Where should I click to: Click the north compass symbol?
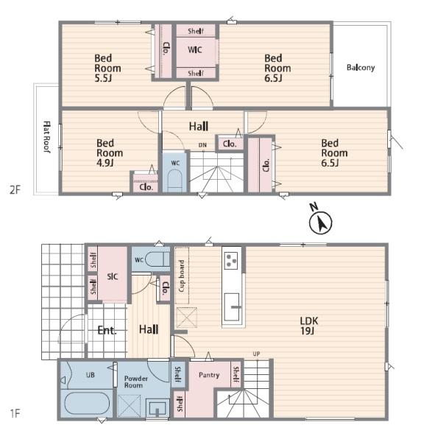[x=320, y=220]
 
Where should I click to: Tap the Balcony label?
[x=361, y=68]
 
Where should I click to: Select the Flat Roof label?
[x=47, y=137]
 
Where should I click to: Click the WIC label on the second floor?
[x=195, y=50]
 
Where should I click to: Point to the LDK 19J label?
[x=308, y=326]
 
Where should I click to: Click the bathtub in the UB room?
[x=87, y=404]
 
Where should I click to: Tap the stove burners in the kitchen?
[x=231, y=261]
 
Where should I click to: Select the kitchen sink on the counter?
[x=232, y=307]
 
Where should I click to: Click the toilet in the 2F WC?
[x=174, y=180]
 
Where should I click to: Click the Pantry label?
[x=209, y=375]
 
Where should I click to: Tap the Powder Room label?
[x=135, y=382]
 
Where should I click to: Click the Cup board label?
[x=182, y=276]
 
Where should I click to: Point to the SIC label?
[x=113, y=276]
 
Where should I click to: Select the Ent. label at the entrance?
[x=107, y=330]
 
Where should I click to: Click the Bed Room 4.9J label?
[x=110, y=152]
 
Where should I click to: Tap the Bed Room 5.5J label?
[x=107, y=68]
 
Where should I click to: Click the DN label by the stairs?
[x=202, y=145]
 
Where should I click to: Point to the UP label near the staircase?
[x=256, y=354]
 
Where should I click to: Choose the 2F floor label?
[x=15, y=190]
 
